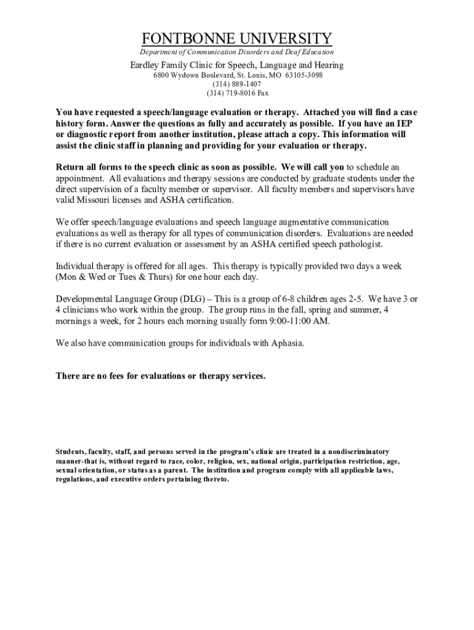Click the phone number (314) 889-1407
click(237, 84)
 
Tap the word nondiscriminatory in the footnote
click(350, 452)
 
